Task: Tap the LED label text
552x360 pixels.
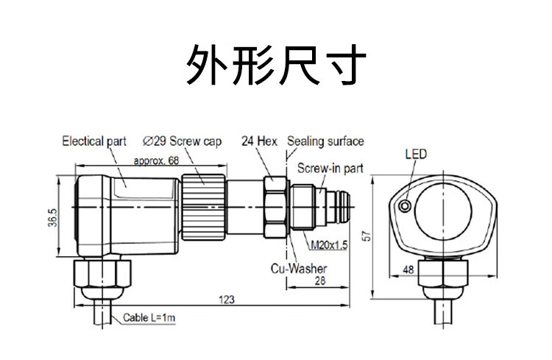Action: [416, 155]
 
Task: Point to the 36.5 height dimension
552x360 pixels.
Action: [52, 219]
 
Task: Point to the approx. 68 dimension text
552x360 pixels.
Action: [157, 160]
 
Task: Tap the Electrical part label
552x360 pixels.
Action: [94, 141]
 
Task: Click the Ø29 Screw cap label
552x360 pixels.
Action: [177, 141]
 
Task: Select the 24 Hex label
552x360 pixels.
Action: [258, 141]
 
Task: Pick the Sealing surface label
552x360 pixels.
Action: [325, 141]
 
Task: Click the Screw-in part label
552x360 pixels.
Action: [330, 169]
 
